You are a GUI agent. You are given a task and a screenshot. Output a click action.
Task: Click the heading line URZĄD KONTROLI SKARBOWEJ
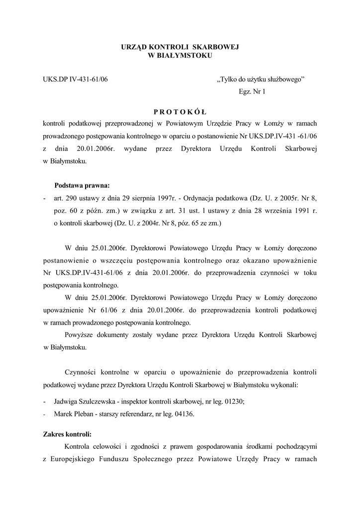click(x=180, y=47)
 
